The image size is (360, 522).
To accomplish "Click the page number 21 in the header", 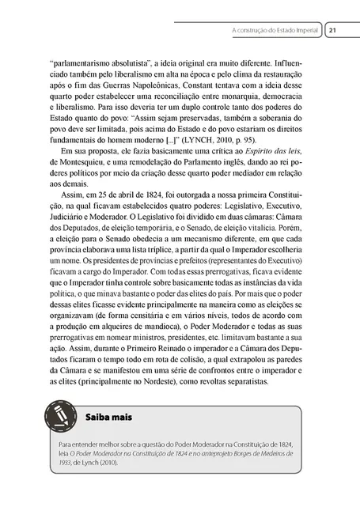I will click(333, 30).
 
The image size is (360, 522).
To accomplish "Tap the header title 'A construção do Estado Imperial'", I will click(275, 30).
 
